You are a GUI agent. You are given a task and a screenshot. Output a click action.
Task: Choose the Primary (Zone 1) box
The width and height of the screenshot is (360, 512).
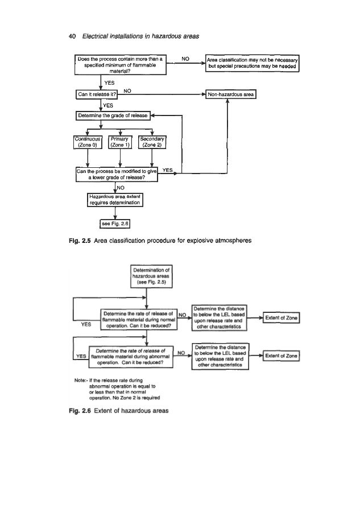(x=121, y=141)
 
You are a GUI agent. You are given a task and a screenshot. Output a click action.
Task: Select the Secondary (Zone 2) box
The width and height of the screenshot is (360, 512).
(x=152, y=141)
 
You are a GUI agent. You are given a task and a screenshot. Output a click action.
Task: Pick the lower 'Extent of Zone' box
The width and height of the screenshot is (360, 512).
(x=281, y=356)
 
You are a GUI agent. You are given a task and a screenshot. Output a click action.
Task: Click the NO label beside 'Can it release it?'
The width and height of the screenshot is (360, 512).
(x=128, y=90)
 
